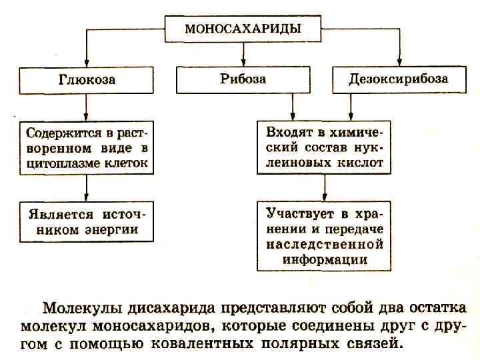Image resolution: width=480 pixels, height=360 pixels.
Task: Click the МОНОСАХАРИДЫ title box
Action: (x=242, y=29)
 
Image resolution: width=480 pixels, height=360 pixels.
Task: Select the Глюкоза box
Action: (x=86, y=79)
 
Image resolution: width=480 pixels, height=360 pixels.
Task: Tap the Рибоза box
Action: (x=243, y=79)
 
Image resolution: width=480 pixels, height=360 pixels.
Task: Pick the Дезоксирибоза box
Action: (x=399, y=79)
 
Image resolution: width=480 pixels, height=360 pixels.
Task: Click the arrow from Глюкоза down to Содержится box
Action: (x=86, y=107)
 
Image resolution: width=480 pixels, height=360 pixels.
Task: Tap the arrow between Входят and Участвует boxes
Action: (x=324, y=187)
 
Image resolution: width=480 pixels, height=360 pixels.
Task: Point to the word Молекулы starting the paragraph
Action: (x=77, y=308)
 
